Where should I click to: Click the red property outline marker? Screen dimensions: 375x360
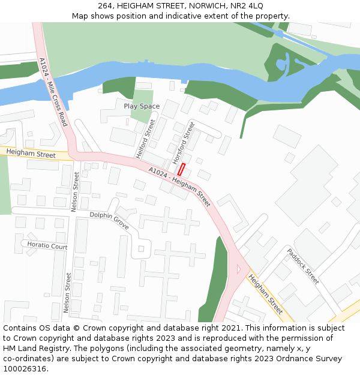coord(181,169)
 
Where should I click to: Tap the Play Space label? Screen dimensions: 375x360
coord(142,106)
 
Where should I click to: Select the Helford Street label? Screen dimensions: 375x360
coord(146,138)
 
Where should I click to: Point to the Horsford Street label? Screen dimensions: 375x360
coord(184,143)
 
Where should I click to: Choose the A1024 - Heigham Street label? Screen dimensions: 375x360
coord(179,187)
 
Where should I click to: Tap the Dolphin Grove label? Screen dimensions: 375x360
coord(109,220)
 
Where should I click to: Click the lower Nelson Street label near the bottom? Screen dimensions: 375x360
coord(68,293)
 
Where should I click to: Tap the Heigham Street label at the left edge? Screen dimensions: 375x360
coord(31,155)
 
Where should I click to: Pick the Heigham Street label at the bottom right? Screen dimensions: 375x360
coord(265,294)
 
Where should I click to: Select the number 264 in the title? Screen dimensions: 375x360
coord(105,5)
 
